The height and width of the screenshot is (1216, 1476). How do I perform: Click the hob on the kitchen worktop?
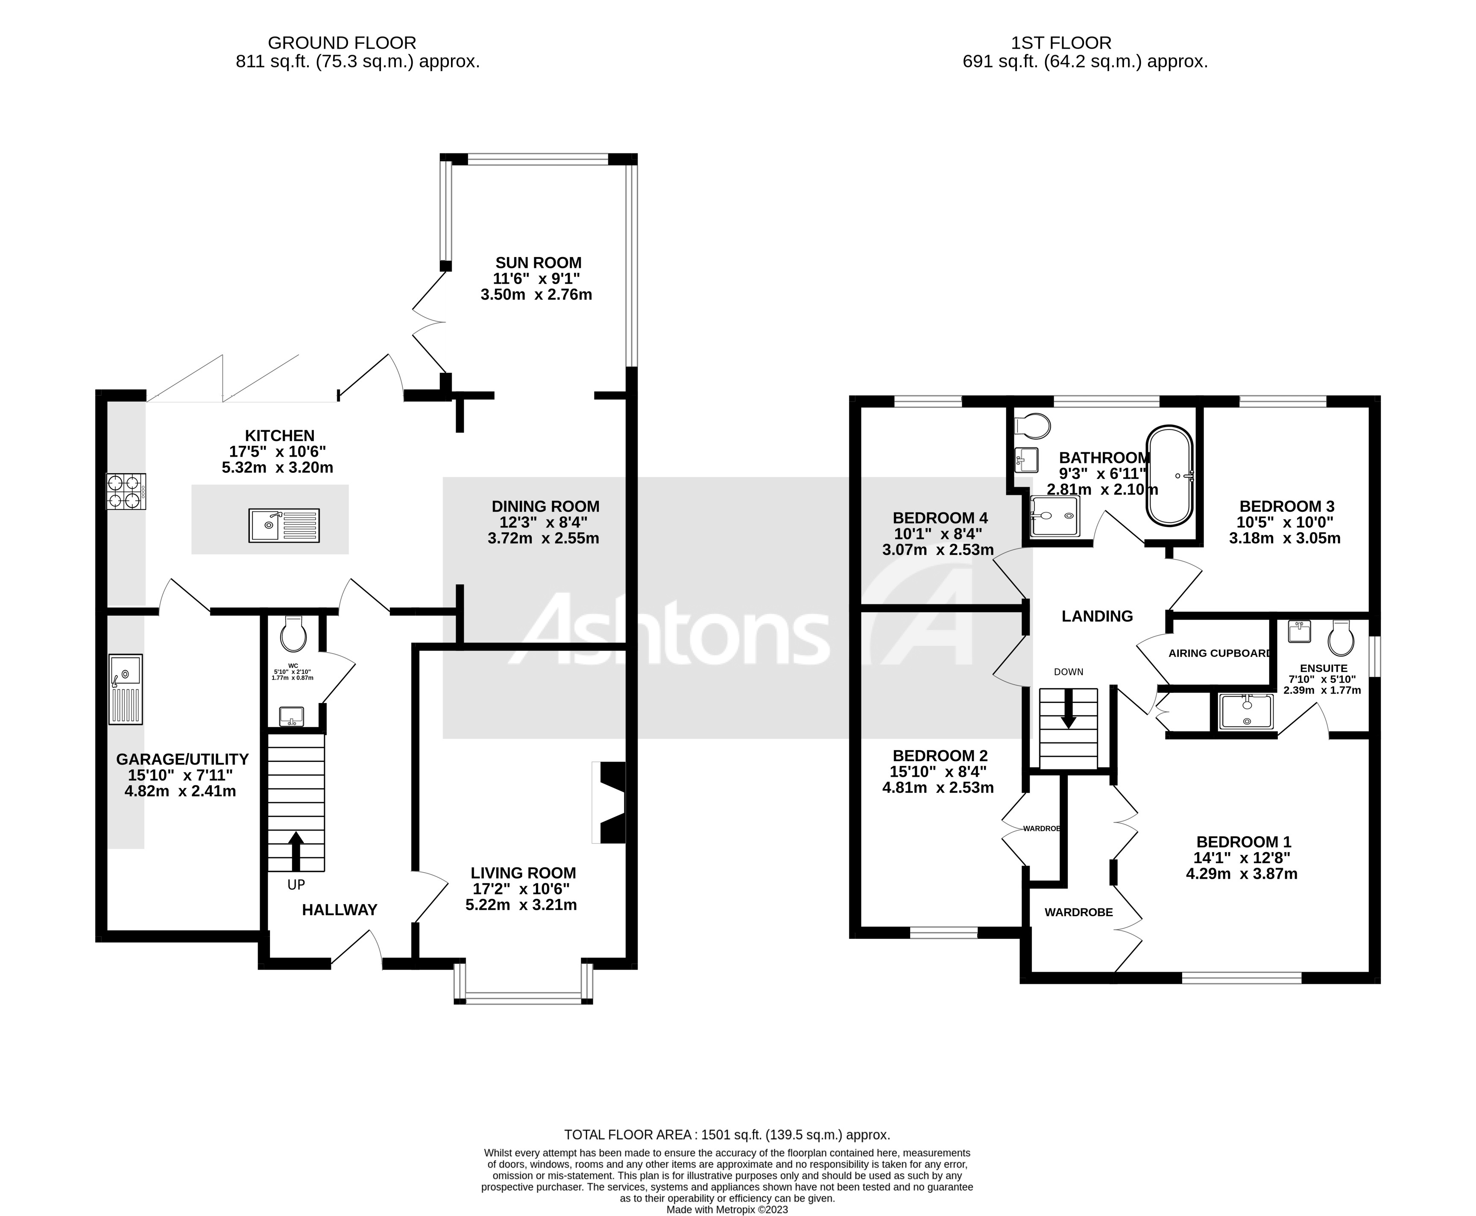click(x=126, y=491)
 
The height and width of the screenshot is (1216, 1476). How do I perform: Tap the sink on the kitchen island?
click(x=284, y=525)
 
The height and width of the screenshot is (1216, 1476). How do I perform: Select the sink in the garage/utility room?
click(x=126, y=689)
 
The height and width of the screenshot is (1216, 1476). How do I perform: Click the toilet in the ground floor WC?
click(x=293, y=635)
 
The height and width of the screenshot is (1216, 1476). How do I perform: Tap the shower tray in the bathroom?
click(x=1054, y=516)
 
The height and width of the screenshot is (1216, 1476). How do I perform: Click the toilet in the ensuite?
click(x=1341, y=637)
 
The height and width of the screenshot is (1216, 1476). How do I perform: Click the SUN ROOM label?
click(x=538, y=263)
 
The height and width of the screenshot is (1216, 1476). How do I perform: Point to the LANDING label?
click(x=1097, y=616)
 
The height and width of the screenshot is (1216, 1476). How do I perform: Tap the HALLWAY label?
click(x=340, y=909)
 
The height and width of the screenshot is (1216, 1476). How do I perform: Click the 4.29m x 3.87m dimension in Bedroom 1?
click(x=1242, y=873)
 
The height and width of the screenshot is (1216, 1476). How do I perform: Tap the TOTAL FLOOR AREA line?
click(x=727, y=1134)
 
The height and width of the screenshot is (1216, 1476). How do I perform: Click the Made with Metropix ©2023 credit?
click(x=727, y=1210)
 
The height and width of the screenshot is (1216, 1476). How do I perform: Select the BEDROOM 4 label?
click(x=940, y=518)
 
